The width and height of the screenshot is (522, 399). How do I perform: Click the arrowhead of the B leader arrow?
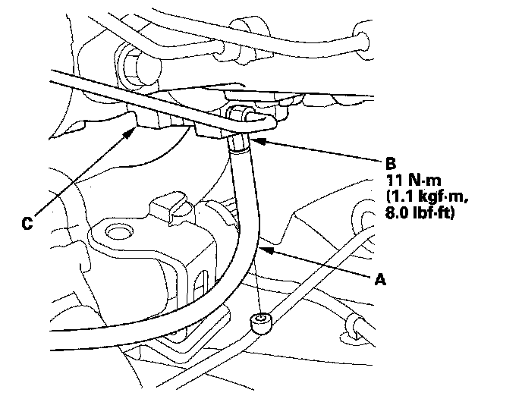click(254, 138)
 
